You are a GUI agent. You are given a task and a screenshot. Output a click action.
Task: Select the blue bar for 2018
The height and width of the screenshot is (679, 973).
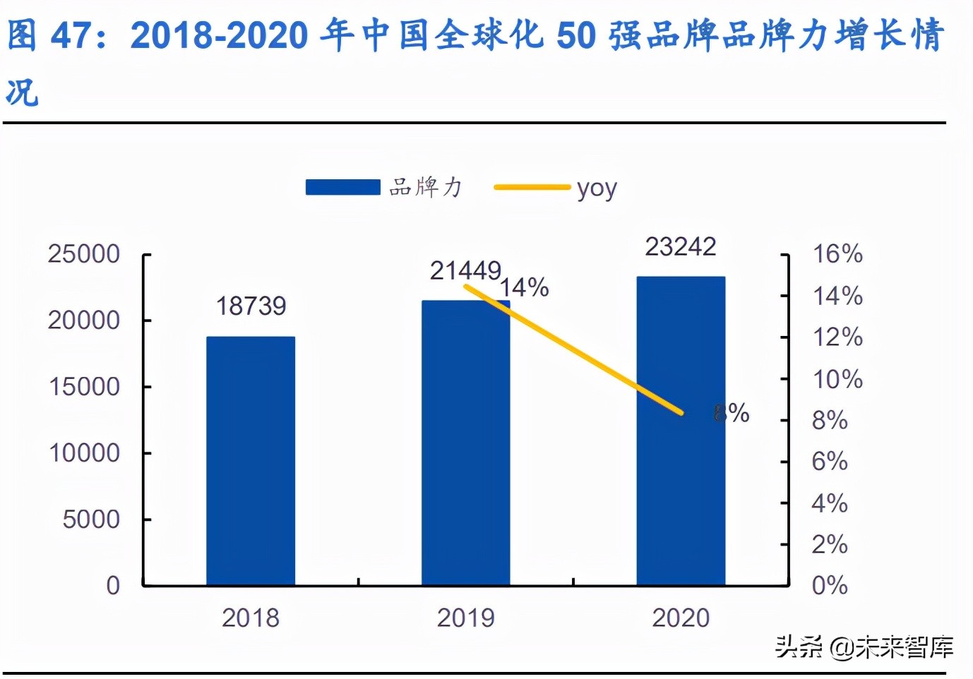click(x=251, y=460)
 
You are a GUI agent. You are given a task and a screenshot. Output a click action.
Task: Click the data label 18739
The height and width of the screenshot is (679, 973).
click(x=251, y=306)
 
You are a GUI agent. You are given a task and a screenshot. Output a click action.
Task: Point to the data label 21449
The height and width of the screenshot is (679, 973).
click(x=465, y=270)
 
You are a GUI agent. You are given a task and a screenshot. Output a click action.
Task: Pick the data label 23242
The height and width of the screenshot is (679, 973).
click(x=681, y=246)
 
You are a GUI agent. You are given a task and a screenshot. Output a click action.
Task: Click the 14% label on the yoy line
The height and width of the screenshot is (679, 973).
click(x=525, y=287)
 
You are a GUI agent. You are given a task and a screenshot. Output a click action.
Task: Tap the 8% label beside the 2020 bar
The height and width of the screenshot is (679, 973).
click(x=732, y=413)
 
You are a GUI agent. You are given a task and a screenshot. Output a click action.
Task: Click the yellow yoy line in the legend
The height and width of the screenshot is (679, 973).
click(x=532, y=188)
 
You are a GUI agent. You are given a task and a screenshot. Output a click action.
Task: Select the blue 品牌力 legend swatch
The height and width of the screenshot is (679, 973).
click(x=342, y=187)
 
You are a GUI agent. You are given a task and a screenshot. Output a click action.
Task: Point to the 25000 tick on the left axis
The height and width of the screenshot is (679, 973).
click(x=84, y=254)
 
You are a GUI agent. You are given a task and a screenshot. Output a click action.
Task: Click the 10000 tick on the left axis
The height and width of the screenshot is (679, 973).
click(x=84, y=453)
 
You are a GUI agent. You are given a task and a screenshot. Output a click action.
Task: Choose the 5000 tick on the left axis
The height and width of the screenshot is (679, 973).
click(x=91, y=519)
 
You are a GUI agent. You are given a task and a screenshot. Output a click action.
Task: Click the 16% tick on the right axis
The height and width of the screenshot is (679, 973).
click(x=837, y=254)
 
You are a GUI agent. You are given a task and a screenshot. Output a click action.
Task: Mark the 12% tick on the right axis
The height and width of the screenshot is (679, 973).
click(x=837, y=337)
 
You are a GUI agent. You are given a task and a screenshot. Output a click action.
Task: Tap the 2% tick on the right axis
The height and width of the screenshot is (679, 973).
click(x=830, y=544)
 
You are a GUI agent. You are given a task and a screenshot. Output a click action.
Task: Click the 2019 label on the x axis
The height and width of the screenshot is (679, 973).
click(x=465, y=618)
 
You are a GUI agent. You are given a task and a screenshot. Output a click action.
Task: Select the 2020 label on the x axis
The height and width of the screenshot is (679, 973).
click(x=681, y=618)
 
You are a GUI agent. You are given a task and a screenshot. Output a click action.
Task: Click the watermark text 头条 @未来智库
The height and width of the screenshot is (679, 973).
click(x=864, y=647)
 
